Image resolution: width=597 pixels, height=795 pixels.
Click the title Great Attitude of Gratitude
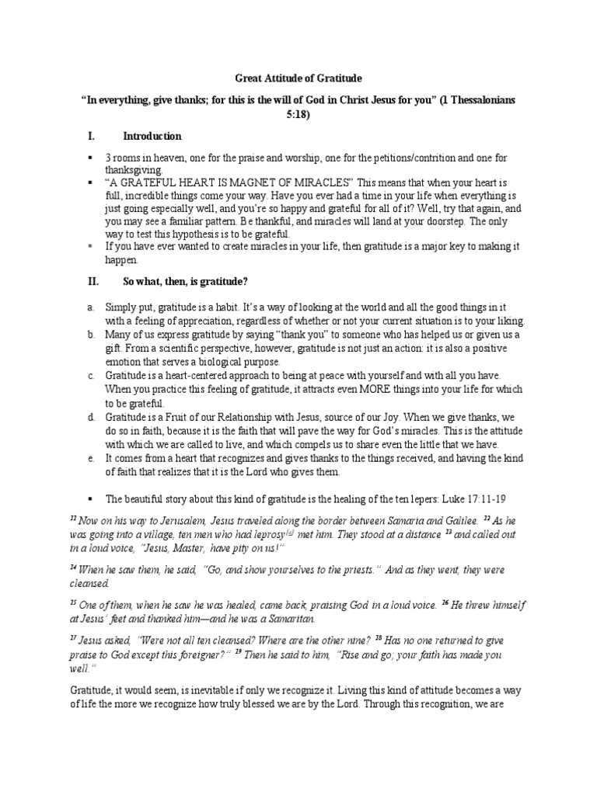coord(298,78)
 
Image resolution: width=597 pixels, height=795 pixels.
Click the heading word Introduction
coord(152,136)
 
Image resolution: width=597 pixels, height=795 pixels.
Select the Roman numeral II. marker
coord(93,280)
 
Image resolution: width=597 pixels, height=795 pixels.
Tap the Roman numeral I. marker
coord(91,136)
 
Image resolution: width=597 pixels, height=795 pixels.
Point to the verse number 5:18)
coord(298,113)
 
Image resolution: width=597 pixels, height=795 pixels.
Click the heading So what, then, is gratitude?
coord(185,280)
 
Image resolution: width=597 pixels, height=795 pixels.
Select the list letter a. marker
coord(91,309)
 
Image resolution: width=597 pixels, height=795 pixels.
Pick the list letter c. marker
coord(91,376)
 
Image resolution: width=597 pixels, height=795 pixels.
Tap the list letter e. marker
coord(91,459)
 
